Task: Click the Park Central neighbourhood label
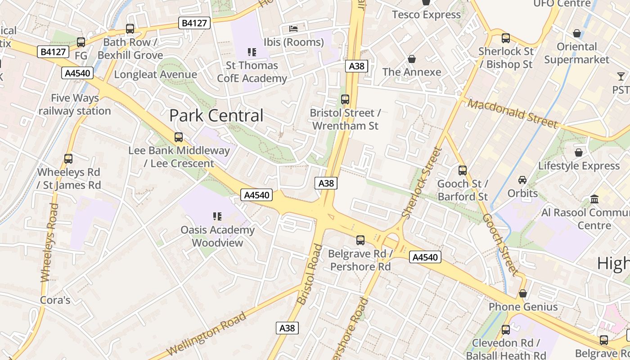pos(216,116)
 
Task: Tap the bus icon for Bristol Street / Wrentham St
pos(345,99)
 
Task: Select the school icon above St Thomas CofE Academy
pos(252,52)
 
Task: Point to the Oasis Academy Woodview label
pos(217,236)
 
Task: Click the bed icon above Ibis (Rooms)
pos(293,29)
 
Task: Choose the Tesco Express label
pos(426,14)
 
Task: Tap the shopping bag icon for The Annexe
pos(411,59)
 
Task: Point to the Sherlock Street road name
pos(423,183)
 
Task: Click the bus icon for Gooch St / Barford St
pos(463,171)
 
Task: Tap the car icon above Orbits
pos(522,180)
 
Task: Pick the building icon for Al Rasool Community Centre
pos(594,199)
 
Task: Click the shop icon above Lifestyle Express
pos(578,153)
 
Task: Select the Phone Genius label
pos(523,307)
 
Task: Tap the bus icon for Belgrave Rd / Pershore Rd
pos(360,240)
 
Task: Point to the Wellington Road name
pos(207,333)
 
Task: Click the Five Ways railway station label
pos(75,104)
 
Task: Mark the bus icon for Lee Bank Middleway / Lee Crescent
pos(179,137)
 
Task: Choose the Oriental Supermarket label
pos(576,53)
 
